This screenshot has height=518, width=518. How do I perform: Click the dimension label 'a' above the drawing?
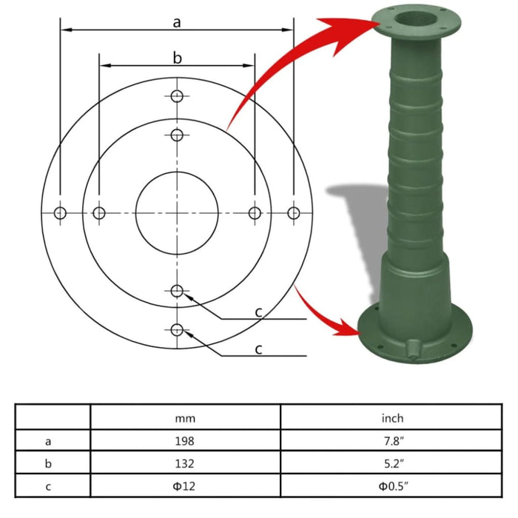[177, 22]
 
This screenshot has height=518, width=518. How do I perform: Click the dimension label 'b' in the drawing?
[177, 57]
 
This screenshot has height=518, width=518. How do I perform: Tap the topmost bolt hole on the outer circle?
[177, 96]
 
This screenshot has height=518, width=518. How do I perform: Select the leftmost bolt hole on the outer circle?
[61, 213]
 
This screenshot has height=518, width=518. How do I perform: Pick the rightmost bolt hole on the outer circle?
[294, 213]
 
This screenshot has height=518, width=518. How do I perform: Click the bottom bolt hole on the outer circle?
[177, 329]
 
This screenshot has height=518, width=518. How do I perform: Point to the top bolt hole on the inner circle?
[177, 135]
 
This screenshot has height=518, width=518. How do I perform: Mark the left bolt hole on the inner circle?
[99, 213]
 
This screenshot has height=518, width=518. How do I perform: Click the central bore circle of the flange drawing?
[177, 213]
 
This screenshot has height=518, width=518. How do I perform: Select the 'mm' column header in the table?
[185, 418]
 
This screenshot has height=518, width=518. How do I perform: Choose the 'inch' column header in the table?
[392, 418]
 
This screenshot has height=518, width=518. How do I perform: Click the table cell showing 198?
[185, 441]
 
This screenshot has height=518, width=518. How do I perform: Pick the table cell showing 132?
[185, 464]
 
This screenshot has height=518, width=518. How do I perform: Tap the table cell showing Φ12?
[185, 487]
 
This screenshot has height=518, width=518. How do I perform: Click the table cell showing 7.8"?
[392, 441]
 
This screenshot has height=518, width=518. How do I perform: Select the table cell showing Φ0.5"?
[392, 487]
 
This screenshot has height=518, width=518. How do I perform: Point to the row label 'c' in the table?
[49, 487]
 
